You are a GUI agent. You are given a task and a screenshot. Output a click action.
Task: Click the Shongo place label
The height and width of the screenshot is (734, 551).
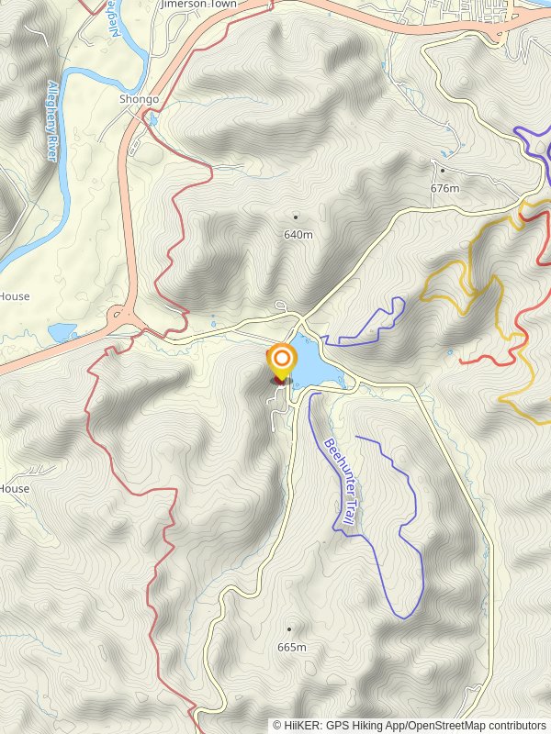coord(139,99)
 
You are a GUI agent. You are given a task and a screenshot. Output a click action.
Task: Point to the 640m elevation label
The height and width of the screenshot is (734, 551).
coord(298,235)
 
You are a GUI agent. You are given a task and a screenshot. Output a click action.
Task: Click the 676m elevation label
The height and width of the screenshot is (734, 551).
coord(444,188)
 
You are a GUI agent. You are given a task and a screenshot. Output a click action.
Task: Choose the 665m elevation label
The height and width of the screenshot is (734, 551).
coord(290,648)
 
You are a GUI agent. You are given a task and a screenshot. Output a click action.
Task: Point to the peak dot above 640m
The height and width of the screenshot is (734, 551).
coord(296,217)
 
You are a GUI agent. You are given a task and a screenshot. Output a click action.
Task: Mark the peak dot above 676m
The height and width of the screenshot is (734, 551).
coord(443,170)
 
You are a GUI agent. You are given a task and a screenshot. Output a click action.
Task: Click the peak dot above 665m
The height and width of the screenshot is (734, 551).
coord(289,629)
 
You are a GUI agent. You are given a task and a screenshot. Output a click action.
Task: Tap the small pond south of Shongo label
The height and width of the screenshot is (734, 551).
coord(152,119)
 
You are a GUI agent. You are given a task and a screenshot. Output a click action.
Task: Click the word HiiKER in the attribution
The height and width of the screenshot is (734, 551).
coord(300,725)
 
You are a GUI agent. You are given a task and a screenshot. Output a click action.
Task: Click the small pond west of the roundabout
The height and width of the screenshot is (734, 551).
coord(62,331)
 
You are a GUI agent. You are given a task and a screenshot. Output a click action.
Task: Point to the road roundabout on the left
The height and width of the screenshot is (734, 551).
coord(121,319)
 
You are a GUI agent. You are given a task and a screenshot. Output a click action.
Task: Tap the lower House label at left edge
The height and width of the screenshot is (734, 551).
coord(15,489)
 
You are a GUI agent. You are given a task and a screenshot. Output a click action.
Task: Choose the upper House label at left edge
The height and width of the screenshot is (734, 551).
coord(15,296)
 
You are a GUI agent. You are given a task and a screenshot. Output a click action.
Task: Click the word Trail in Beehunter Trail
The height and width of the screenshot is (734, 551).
coord(348,509)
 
